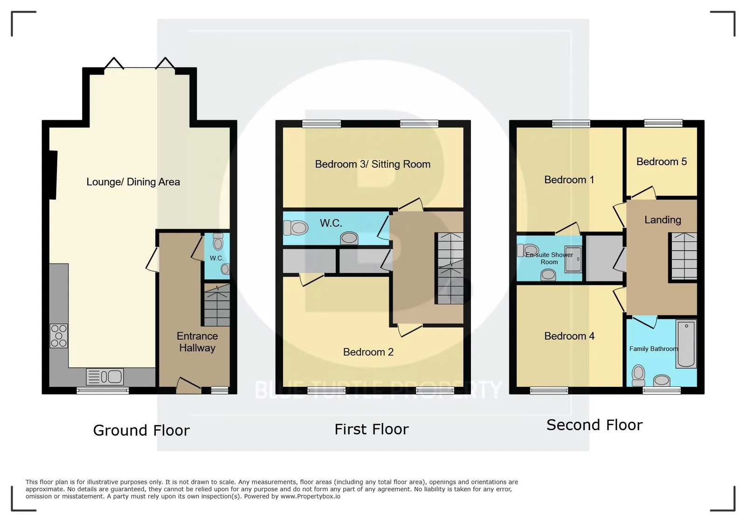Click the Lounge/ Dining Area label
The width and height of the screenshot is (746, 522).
click(133, 182)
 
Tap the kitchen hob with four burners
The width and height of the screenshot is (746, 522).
click(59, 336)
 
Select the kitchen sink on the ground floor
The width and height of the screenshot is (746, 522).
click(105, 377)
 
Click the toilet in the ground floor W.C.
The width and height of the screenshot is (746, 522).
click(218, 242)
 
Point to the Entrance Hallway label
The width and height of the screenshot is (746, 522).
click(197, 342)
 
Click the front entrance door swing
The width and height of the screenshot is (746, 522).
click(189, 385)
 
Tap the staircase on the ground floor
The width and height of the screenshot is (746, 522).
click(217, 305)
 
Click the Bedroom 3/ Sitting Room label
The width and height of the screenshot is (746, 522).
click(373, 164)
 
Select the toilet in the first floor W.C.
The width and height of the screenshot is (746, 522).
click(296, 228)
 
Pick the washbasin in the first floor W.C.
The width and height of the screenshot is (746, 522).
click(349, 238)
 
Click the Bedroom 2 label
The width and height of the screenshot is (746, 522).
click(368, 352)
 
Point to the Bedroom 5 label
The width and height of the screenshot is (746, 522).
click(662, 161)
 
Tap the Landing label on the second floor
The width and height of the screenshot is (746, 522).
click(663, 220)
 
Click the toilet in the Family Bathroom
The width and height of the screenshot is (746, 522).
click(638, 376)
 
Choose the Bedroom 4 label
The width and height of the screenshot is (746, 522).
click(569, 336)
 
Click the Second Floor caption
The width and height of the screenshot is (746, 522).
click(594, 425)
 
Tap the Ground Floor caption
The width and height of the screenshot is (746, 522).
click(141, 431)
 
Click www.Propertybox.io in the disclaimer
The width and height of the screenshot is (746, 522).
click(310, 496)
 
